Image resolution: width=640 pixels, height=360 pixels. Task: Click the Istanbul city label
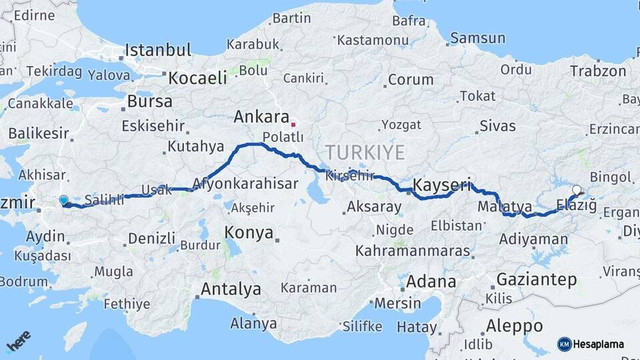pos(158,50)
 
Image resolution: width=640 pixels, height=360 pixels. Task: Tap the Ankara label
pos(261,117)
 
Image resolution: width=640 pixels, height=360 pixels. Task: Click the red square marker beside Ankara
pos(293,123)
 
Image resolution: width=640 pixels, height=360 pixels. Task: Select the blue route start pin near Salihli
pos(63,200)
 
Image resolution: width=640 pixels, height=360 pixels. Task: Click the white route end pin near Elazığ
pos(577,190)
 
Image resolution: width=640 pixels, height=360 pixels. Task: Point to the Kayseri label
pos(442,185)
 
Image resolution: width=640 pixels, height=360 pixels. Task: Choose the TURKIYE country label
pos(366,153)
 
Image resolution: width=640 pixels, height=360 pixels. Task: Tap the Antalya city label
pos(231,289)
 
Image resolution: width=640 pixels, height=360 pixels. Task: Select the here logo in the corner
pos(19,341)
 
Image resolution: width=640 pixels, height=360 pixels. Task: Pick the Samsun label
pos(477,38)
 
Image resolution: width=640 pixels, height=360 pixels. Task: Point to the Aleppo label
pos(514,327)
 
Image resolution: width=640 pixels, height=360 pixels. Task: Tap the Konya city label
pos(249,233)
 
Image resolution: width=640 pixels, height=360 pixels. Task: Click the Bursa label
pos(149,101)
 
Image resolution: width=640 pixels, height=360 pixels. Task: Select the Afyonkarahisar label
pos(245,183)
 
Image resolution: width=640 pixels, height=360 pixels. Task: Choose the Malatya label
pos(504,207)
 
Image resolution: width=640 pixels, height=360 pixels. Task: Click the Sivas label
pos(497,125)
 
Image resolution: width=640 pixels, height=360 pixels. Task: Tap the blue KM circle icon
pos(564,344)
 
